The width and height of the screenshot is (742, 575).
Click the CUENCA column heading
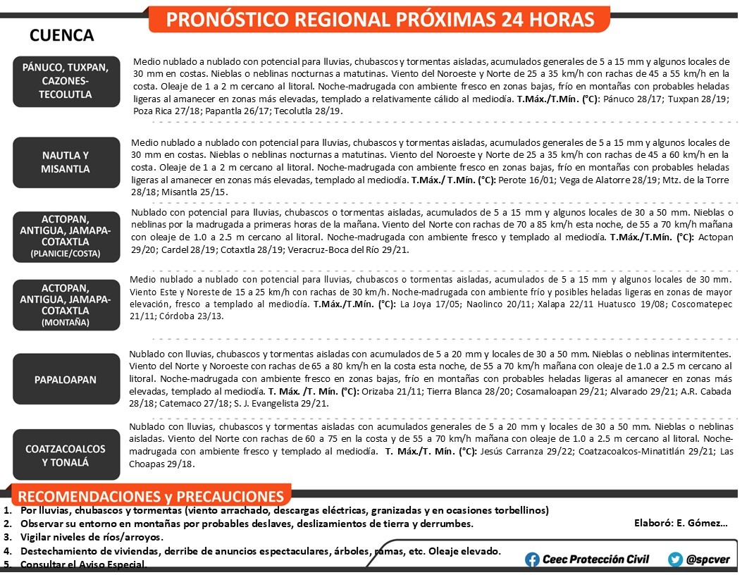click(x=62, y=35)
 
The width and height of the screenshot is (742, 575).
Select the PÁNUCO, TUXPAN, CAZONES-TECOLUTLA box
click(x=66, y=81)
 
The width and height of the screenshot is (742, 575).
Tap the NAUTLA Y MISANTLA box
click(x=66, y=162)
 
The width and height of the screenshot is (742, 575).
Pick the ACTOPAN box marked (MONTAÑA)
click(x=66, y=304)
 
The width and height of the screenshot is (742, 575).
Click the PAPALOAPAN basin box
click(x=66, y=380)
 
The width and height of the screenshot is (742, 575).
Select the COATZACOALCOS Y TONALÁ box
click(x=66, y=455)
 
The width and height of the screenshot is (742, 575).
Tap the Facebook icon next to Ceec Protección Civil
click(x=533, y=559)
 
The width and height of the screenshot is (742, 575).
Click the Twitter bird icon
click(x=675, y=559)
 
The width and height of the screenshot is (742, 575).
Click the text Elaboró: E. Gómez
click(x=681, y=523)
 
